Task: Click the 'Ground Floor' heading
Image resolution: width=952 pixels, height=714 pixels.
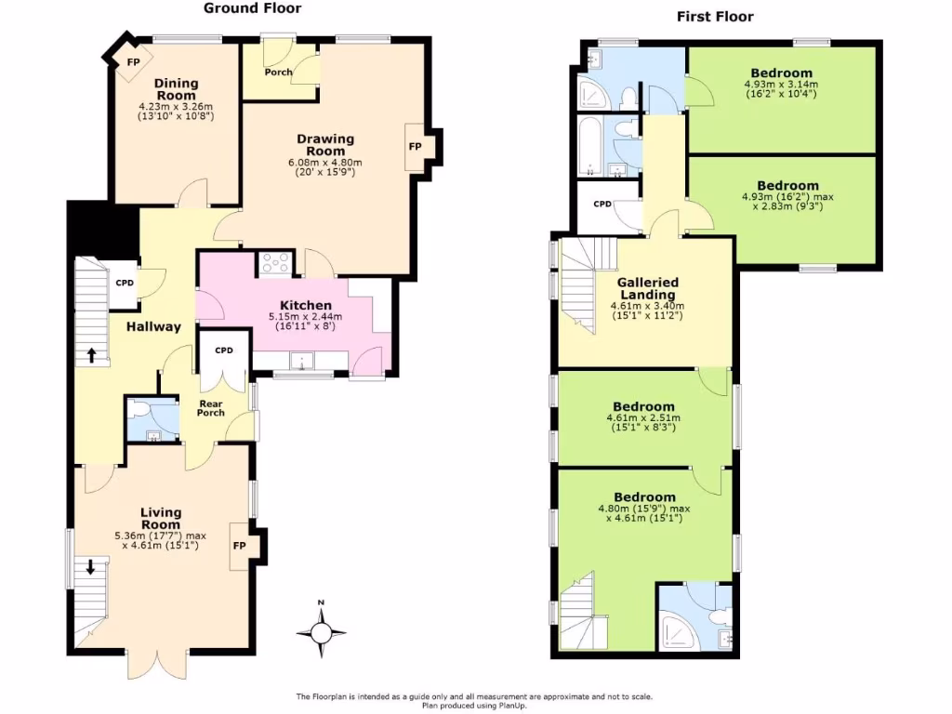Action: pyautogui.click(x=253, y=8)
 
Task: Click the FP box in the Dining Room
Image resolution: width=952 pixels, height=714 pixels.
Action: pyautogui.click(x=134, y=62)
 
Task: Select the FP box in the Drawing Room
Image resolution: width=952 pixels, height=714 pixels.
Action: pyautogui.click(x=415, y=147)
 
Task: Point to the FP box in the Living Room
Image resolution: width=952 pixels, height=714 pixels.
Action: pyautogui.click(x=239, y=546)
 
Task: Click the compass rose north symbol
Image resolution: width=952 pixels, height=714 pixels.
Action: pyautogui.click(x=321, y=633)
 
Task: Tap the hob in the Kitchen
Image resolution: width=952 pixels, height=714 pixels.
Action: pyautogui.click(x=275, y=263)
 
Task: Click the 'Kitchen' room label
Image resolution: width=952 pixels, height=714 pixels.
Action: pyautogui.click(x=306, y=306)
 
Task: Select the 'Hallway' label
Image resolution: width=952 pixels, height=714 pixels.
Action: pyautogui.click(x=153, y=326)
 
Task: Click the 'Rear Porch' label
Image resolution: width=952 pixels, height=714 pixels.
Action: pyautogui.click(x=210, y=408)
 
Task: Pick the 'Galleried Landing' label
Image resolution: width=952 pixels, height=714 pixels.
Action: pyautogui.click(x=648, y=288)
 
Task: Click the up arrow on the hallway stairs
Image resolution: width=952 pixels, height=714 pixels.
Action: pyautogui.click(x=92, y=354)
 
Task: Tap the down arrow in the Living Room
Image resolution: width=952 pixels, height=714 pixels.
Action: pyautogui.click(x=90, y=566)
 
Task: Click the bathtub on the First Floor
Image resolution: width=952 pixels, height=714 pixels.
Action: pyautogui.click(x=589, y=146)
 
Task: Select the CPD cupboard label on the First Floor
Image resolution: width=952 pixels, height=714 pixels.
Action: pyautogui.click(x=602, y=204)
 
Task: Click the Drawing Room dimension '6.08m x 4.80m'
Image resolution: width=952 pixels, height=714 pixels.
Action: pyautogui.click(x=325, y=162)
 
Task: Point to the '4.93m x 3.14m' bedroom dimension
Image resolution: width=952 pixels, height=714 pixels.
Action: pyautogui.click(x=781, y=85)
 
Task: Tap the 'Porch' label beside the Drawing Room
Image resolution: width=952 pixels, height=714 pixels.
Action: pyautogui.click(x=278, y=72)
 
